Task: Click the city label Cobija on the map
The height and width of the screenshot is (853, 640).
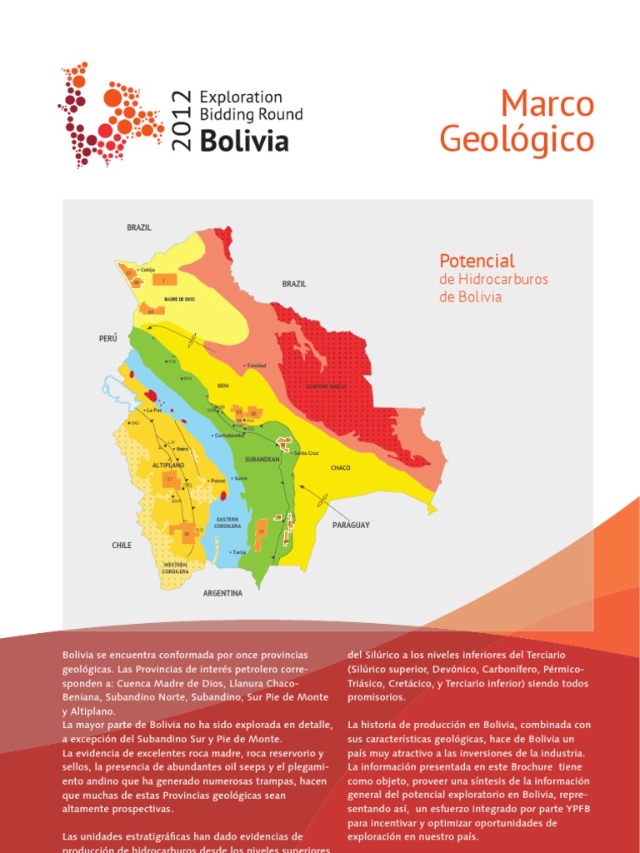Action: (x=148, y=270)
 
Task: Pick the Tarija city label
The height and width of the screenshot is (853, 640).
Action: (x=240, y=551)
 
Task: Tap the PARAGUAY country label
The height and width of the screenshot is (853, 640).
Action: (x=351, y=525)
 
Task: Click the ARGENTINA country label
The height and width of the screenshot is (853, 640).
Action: (x=222, y=593)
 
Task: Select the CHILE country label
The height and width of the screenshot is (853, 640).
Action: (x=122, y=545)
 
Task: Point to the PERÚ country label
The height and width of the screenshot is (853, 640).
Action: (x=108, y=338)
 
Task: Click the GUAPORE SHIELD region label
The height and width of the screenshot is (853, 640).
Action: (x=327, y=387)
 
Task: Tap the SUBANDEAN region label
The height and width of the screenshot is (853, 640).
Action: (x=262, y=457)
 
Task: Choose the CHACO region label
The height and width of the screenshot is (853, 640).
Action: (x=341, y=468)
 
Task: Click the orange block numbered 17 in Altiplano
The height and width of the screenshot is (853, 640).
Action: (x=170, y=480)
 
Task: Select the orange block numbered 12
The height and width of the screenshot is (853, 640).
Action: (x=261, y=531)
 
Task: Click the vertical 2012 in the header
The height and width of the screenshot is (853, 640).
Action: (x=182, y=121)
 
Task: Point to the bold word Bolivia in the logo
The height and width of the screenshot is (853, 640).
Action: (x=244, y=140)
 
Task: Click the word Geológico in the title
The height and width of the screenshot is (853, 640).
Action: (x=517, y=138)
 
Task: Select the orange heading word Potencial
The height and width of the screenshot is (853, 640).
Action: (x=477, y=261)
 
